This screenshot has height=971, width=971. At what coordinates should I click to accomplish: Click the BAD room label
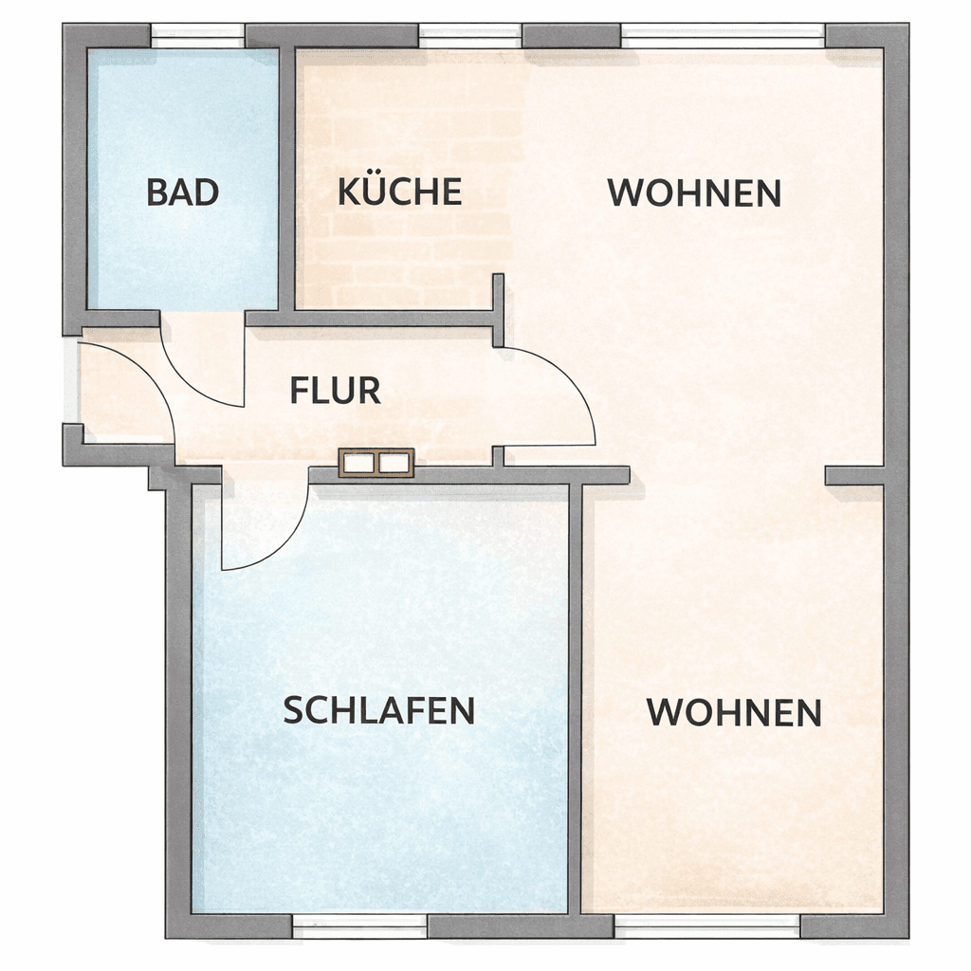click(183, 192)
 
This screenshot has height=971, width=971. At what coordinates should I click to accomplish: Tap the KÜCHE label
click(399, 192)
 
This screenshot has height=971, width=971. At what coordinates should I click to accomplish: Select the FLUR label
click(336, 390)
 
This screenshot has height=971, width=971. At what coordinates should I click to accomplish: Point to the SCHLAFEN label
click(379, 710)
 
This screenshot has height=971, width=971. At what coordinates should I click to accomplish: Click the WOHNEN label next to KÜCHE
click(694, 193)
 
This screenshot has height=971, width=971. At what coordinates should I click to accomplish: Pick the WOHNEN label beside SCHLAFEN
click(734, 712)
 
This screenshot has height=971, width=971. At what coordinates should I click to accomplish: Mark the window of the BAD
click(198, 36)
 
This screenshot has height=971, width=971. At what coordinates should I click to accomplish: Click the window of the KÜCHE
click(470, 36)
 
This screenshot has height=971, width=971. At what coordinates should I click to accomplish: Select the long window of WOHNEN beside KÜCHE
click(723, 36)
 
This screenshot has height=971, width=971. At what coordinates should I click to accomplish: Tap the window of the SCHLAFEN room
click(359, 924)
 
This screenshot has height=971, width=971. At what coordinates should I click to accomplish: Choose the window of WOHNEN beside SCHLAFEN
click(707, 924)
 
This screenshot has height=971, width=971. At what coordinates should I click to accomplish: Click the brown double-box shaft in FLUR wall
click(376, 463)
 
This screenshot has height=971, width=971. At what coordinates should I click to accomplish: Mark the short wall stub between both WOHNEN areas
click(853, 476)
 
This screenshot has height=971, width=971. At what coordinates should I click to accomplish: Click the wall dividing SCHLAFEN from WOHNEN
click(576, 697)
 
